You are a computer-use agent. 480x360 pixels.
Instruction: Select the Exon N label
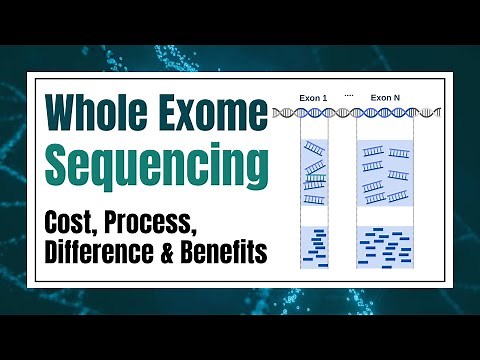pos(385,98)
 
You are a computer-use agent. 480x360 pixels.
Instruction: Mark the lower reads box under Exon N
pos(385,247)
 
